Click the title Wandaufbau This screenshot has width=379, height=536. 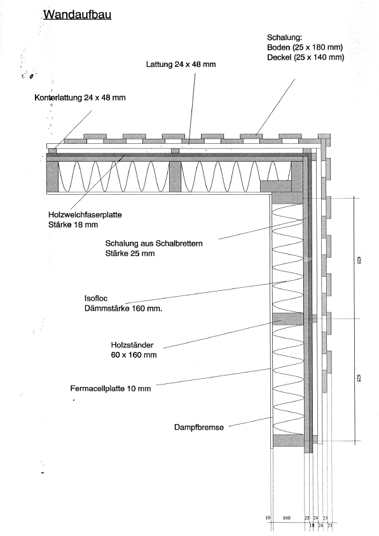pyautogui.click(x=78, y=15)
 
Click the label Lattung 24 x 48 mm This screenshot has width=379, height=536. pyautogui.click(x=181, y=64)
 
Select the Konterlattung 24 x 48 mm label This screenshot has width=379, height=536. pyautogui.click(x=80, y=98)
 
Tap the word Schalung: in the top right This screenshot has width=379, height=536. pyautogui.click(x=284, y=38)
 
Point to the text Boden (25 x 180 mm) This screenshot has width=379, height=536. pyautogui.click(x=305, y=47)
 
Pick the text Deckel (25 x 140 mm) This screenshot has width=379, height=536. pyautogui.click(x=306, y=57)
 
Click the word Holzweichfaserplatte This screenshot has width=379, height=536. pyautogui.click(x=85, y=215)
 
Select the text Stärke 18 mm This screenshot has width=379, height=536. pyautogui.click(x=73, y=225)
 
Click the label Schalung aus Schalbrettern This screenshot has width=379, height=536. pyautogui.click(x=154, y=244)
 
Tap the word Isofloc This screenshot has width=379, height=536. pyautogui.click(x=96, y=299)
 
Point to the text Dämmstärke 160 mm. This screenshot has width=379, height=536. pyautogui.click(x=123, y=308)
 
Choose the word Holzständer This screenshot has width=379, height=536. pyautogui.click(x=132, y=345)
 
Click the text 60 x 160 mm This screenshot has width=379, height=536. pyautogui.click(x=134, y=355)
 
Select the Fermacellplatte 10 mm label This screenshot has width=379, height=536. pyautogui.click(x=111, y=389)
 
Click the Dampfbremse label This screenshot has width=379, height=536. pyautogui.click(x=199, y=427)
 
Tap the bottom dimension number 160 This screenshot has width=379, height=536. pyautogui.click(x=286, y=518)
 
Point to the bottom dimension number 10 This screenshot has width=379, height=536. pyautogui.click(x=268, y=518)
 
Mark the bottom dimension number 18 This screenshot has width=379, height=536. pyautogui.click(x=312, y=525)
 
